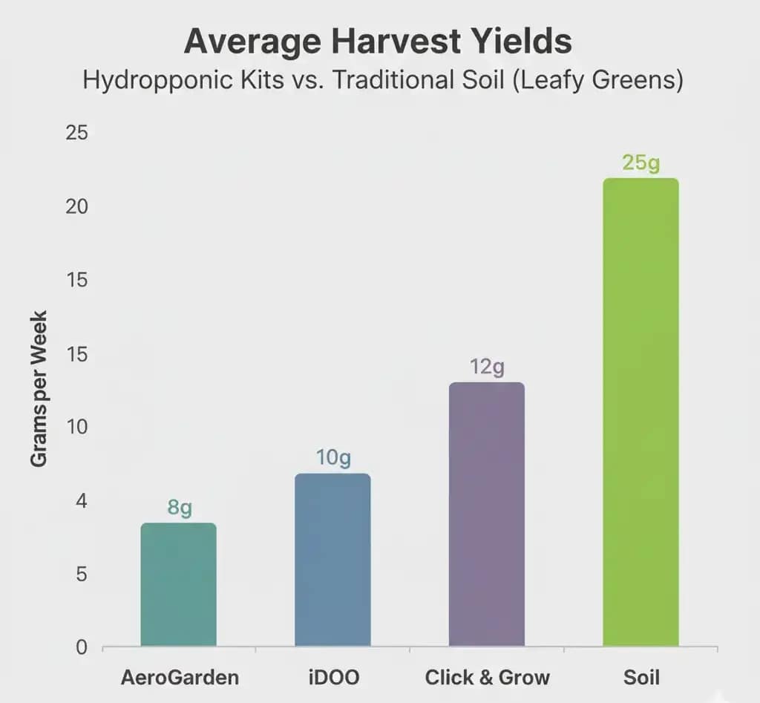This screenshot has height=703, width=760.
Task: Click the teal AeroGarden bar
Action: (x=178, y=584)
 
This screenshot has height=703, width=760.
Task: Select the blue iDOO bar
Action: (x=332, y=560)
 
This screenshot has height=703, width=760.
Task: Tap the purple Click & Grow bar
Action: (x=486, y=514)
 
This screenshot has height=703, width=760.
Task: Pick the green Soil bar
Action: (x=641, y=412)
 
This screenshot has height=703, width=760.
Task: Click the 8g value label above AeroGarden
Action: (x=180, y=508)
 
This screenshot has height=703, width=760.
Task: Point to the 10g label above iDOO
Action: (x=332, y=458)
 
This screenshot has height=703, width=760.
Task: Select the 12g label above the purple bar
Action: (x=487, y=367)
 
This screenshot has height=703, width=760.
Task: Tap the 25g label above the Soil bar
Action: (x=641, y=163)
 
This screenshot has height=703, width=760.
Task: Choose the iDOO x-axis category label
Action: (x=332, y=677)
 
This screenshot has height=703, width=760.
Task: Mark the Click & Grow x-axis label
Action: (x=488, y=677)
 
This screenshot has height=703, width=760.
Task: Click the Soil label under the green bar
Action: (x=642, y=677)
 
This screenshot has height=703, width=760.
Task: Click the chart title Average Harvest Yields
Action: (x=378, y=42)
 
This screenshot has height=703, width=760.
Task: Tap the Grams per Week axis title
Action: (x=39, y=388)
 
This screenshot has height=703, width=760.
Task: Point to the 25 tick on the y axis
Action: (x=77, y=134)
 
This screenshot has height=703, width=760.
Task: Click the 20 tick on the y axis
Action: (x=77, y=206)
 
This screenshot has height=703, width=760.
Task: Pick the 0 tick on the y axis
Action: (x=82, y=647)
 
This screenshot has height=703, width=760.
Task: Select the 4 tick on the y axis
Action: (x=82, y=501)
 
